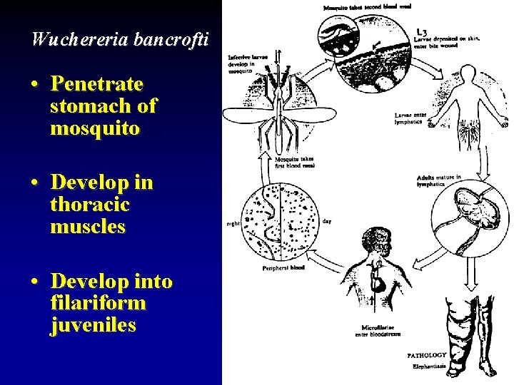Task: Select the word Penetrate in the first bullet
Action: point(97,85)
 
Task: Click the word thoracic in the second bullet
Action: point(90,205)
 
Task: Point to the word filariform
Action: point(99,303)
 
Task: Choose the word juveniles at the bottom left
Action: point(93,325)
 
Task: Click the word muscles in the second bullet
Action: point(88,227)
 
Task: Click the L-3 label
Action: point(422,31)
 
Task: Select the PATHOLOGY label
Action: point(426,354)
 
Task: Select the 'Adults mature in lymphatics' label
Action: point(438,180)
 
